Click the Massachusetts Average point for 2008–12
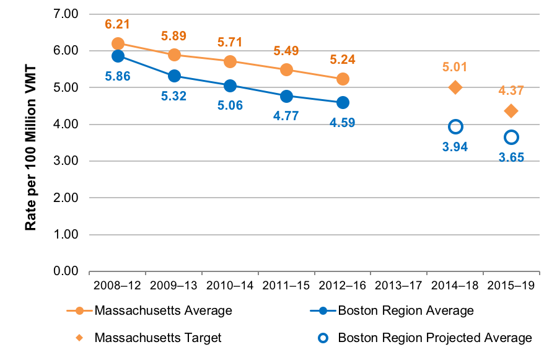point(118,43)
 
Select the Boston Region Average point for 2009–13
point(174,76)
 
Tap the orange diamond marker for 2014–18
point(455,87)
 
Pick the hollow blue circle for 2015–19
point(511,137)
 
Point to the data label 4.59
point(343,122)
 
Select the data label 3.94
point(455,147)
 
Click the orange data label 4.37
point(511,90)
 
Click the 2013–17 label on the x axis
point(398,286)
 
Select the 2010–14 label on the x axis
point(230,286)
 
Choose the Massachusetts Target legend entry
point(157,338)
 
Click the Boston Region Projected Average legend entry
point(434,338)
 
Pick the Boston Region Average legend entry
point(405,310)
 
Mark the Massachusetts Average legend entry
point(163,310)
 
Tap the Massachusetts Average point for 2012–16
point(343,79)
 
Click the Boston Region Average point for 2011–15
point(286,96)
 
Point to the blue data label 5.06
point(230,105)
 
